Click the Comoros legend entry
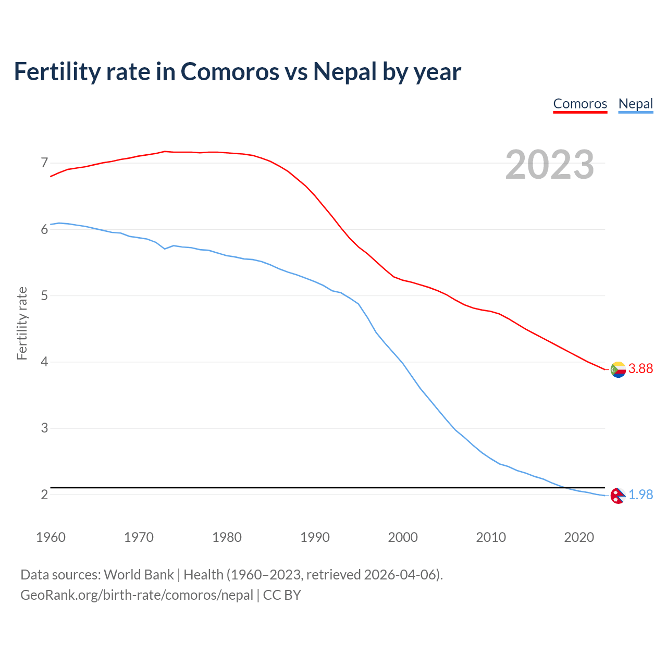[580, 104]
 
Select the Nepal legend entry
[635, 104]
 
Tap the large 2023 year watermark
[550, 165]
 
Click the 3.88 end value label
[640, 368]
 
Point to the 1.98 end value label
[640, 495]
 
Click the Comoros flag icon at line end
[618, 369]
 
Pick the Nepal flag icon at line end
[617, 496]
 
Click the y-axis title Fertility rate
[22, 323]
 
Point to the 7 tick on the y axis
[44, 163]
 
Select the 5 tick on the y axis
[44, 296]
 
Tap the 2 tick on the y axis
[44, 495]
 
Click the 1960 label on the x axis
[51, 537]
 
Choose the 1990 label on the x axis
[315, 537]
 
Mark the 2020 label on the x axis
[579, 537]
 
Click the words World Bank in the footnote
[139, 575]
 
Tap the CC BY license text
[282, 595]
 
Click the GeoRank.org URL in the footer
[137, 595]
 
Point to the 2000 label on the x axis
[403, 537]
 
